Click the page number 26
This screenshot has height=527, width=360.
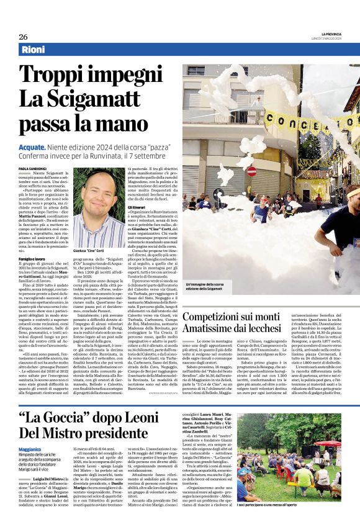23,37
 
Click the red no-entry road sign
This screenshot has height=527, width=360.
251,171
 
